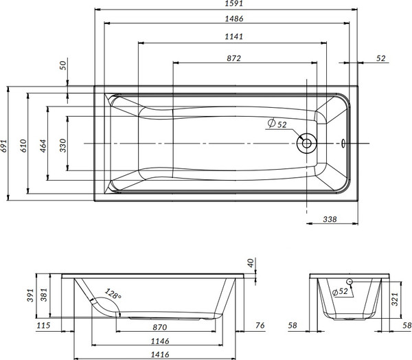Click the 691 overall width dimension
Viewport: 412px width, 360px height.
[5, 144]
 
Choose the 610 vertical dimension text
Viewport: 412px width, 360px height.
[23, 144]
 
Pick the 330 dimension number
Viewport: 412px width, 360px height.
[64, 144]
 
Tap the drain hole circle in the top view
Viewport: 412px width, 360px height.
[306, 144]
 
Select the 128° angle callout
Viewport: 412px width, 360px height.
[113, 296]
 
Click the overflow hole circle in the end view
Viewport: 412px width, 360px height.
[350, 282]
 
